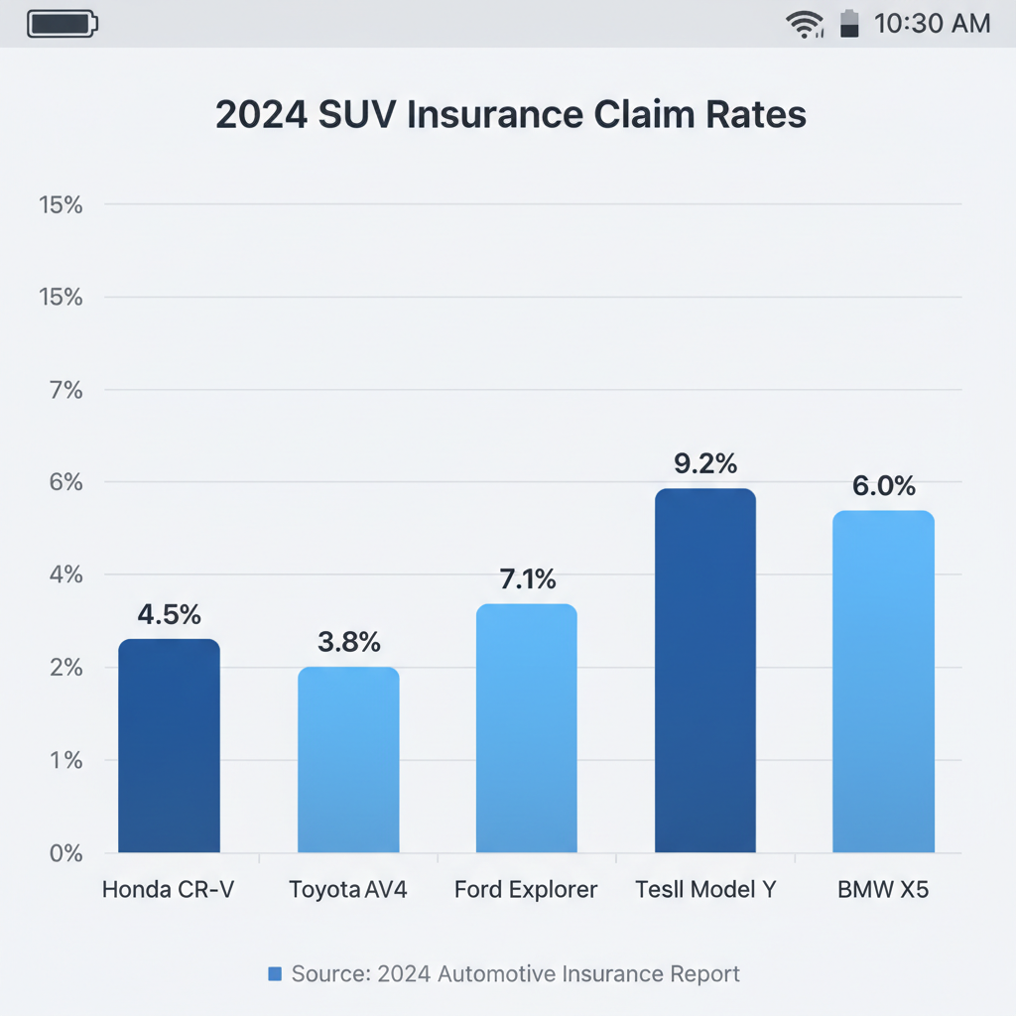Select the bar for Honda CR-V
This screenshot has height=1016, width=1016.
pyautogui.click(x=169, y=745)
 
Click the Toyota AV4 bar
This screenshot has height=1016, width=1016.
pyautogui.click(x=348, y=759)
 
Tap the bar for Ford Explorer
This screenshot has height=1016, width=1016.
pyautogui.click(x=527, y=727)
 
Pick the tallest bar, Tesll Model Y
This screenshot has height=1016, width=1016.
pyautogui.click(x=705, y=670)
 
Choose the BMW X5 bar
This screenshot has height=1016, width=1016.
pyautogui.click(x=883, y=681)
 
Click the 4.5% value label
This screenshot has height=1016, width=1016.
pyautogui.click(x=169, y=614)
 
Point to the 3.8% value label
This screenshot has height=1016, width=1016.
pyautogui.click(x=348, y=642)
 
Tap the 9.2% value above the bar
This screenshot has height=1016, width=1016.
pyautogui.click(x=705, y=463)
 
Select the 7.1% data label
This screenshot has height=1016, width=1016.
pyautogui.click(x=528, y=578)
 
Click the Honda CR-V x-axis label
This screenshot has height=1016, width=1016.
pyautogui.click(x=169, y=890)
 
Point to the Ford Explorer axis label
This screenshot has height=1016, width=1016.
pyautogui.click(x=526, y=890)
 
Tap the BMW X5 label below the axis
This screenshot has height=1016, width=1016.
pyautogui.click(x=883, y=890)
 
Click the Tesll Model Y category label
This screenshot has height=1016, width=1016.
pyautogui.click(x=705, y=890)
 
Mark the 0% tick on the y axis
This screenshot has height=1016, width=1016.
pyautogui.click(x=66, y=853)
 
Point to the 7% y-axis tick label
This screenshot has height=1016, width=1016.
pyautogui.click(x=66, y=390)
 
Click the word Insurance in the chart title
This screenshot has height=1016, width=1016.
pyautogui.click(x=496, y=115)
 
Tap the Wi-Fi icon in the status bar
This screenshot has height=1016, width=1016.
pyautogui.click(x=805, y=25)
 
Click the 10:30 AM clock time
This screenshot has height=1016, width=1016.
pyautogui.click(x=933, y=24)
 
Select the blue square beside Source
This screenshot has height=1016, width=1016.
pyautogui.click(x=275, y=974)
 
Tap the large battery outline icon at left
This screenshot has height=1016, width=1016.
pyautogui.click(x=63, y=24)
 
